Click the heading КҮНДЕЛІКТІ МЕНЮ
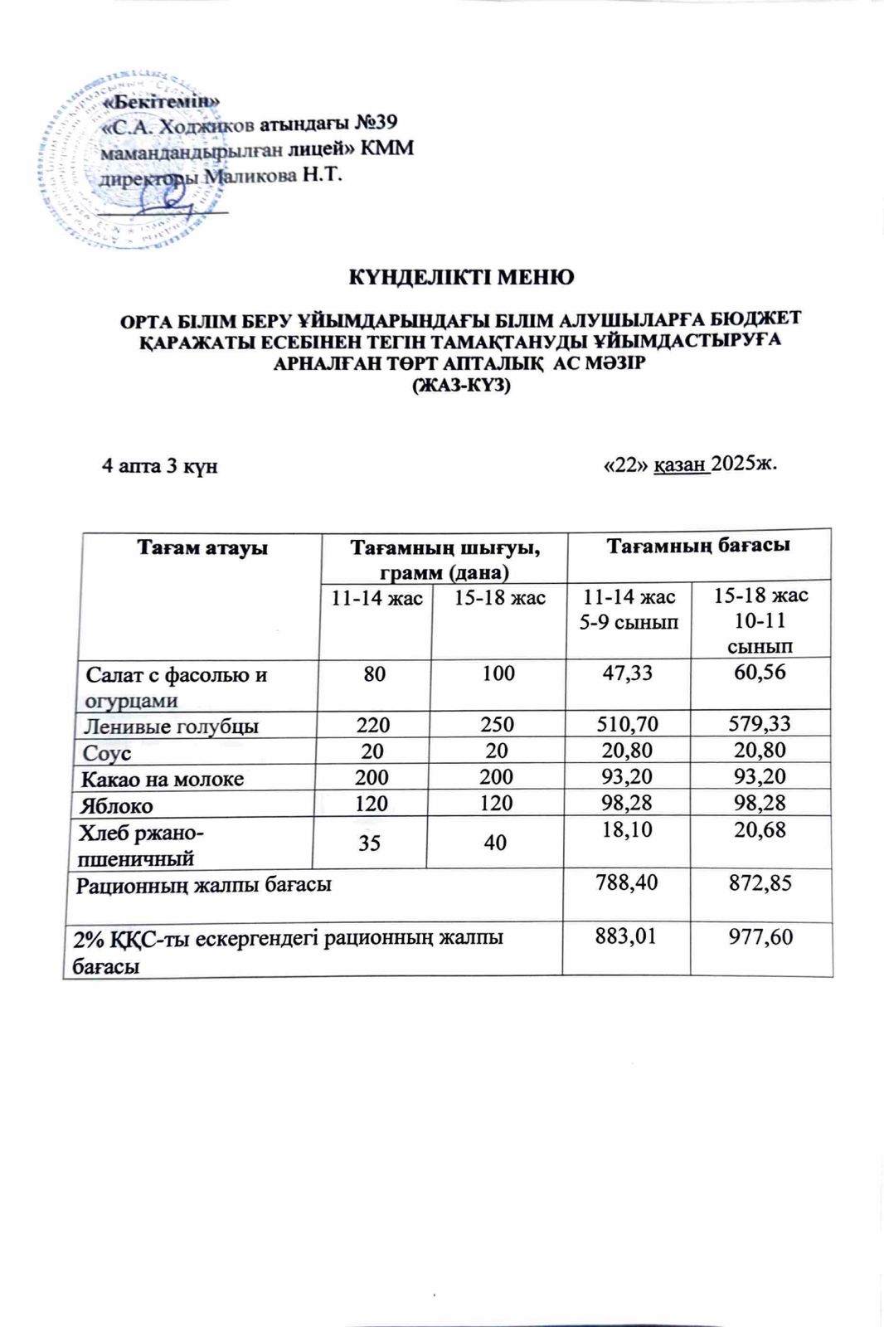(460, 277)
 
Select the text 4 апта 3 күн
(159, 465)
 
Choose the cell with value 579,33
(759, 723)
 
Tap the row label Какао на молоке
(163, 779)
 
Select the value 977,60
(759, 937)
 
